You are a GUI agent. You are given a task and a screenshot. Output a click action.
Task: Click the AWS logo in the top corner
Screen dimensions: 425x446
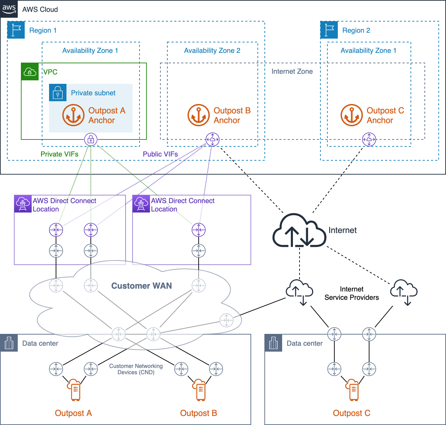click(9, 9)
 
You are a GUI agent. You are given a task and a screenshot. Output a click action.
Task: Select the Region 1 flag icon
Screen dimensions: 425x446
click(16, 30)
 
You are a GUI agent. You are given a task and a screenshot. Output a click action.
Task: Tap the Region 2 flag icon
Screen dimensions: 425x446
click(329, 30)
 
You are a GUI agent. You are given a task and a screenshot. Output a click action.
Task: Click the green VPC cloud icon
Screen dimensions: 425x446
click(30, 72)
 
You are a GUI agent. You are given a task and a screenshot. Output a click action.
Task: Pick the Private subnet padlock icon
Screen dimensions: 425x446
click(58, 93)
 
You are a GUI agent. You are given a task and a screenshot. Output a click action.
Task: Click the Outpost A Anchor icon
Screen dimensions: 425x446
click(73, 115)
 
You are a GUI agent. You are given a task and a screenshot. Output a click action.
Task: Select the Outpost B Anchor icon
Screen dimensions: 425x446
click(199, 115)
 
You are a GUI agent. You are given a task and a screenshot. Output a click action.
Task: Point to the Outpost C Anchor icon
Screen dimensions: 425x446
click(352, 115)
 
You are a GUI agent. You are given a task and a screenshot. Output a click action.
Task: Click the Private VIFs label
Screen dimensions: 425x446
click(59, 154)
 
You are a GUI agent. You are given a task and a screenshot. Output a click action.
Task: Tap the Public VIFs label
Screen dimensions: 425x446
click(160, 154)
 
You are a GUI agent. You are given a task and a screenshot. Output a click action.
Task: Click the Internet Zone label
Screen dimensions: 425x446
click(292, 71)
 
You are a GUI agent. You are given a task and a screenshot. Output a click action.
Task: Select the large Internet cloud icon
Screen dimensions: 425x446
click(299, 231)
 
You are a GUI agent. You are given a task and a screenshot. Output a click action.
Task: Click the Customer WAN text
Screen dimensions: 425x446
click(142, 286)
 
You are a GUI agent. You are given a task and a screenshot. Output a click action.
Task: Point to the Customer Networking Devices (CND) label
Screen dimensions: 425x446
click(136, 369)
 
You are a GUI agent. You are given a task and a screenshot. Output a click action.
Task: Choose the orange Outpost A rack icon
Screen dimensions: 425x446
click(74, 390)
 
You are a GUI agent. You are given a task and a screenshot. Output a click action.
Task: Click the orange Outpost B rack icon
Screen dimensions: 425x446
click(199, 390)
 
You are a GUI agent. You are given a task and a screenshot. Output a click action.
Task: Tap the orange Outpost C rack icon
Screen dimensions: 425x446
click(352, 390)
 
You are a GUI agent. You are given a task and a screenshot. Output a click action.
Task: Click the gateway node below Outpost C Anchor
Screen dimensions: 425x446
click(369, 139)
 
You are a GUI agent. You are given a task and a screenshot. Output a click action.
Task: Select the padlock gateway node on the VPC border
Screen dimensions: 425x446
click(91, 139)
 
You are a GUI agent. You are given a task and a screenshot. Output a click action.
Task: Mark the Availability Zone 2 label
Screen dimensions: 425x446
click(212, 50)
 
